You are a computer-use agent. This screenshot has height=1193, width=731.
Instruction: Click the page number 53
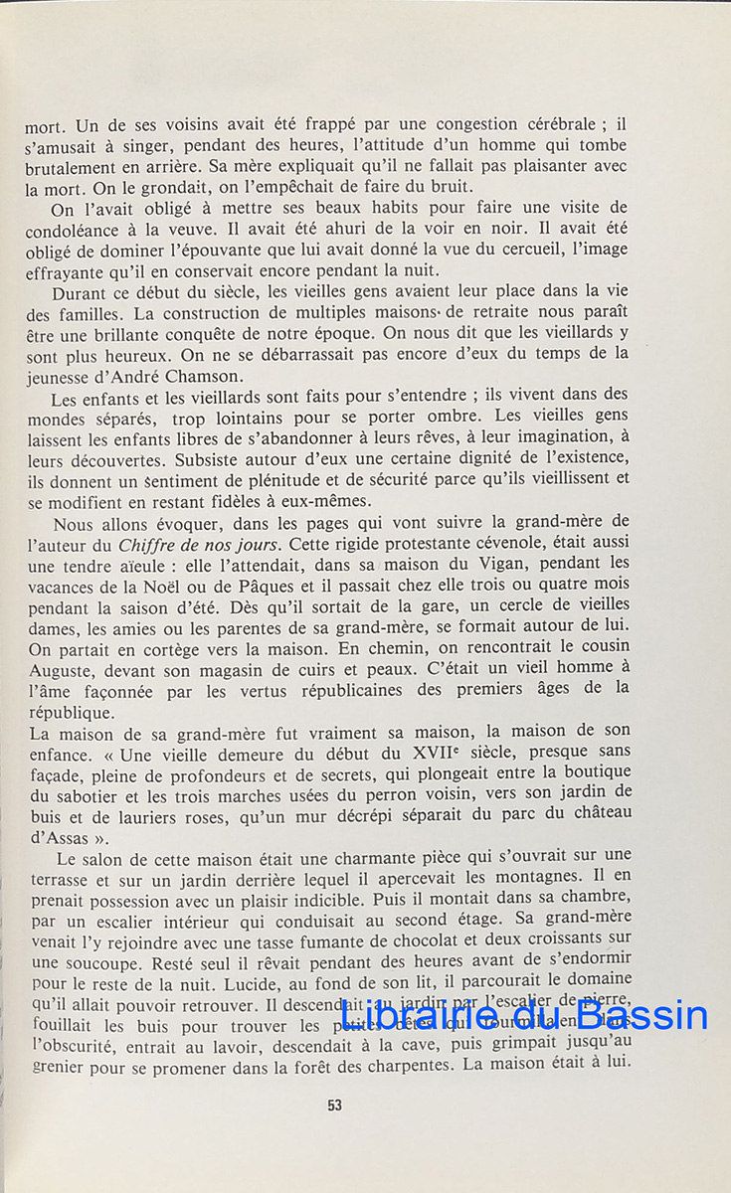pos(334,1104)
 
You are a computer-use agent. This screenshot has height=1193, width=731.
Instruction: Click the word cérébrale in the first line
pos(553,126)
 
